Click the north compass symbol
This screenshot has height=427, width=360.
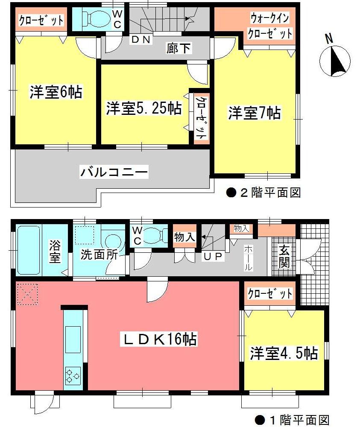point(335,61)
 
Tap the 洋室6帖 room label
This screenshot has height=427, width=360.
point(56,92)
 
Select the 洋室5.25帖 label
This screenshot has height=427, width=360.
point(144,108)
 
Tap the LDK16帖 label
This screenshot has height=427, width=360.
point(161,339)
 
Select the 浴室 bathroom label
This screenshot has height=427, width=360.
point(55,252)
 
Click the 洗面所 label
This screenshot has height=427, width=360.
point(100,256)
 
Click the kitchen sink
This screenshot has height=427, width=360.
point(73,339)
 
